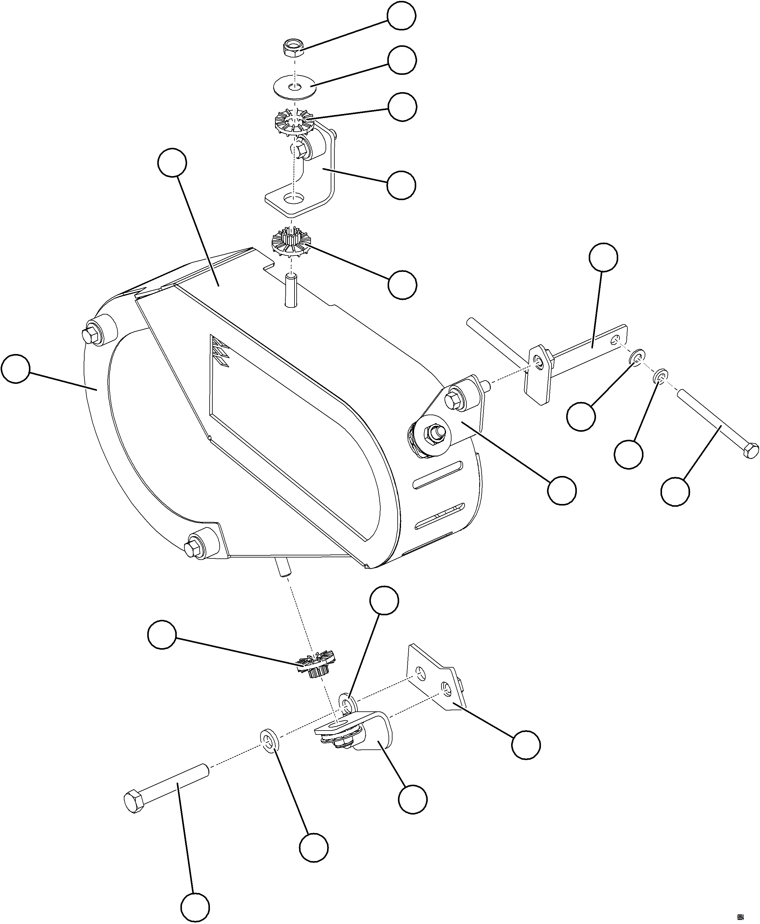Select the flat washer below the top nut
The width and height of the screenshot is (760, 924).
point(295,87)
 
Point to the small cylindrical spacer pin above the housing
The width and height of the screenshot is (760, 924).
point(290,290)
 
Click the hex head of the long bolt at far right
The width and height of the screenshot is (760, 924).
point(751,450)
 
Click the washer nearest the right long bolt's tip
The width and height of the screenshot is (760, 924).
point(661,377)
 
